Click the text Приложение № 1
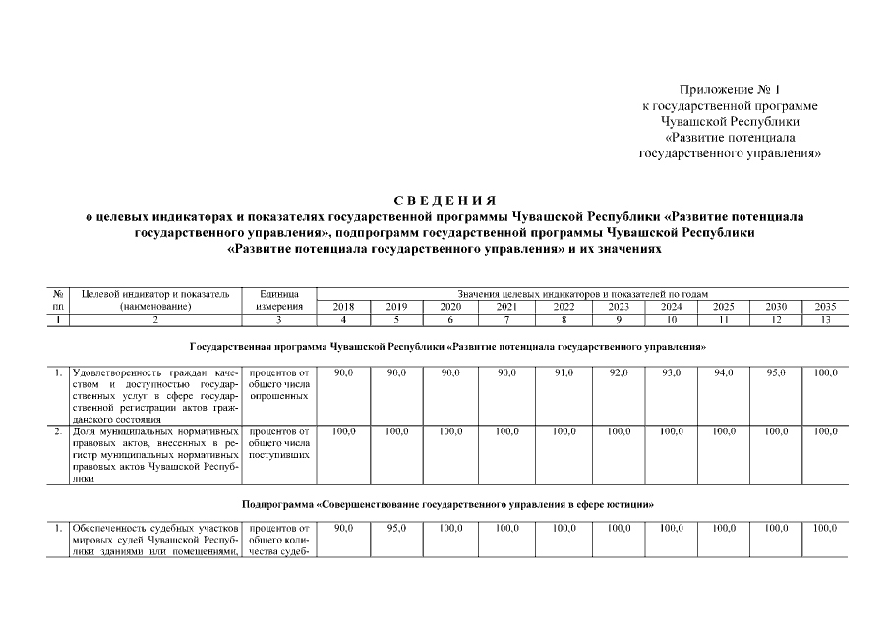point(729,90)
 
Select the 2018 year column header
point(343,307)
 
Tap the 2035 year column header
point(825,307)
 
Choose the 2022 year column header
point(564,307)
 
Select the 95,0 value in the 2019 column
point(396,529)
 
